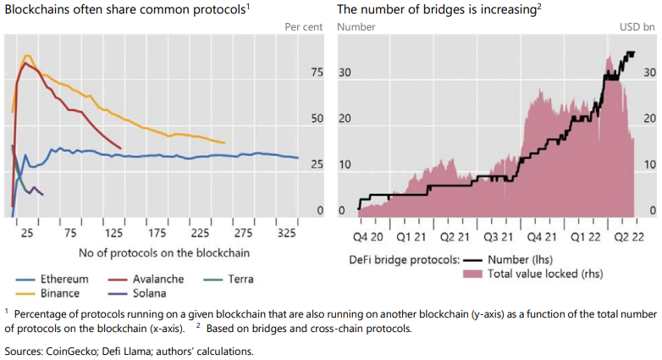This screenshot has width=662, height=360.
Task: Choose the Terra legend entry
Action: click(237, 279)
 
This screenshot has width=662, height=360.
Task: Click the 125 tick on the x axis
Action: click(113, 232)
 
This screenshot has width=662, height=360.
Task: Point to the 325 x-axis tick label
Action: click(286, 232)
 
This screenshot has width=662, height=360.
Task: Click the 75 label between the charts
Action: click(317, 73)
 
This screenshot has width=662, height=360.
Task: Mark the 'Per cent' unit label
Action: click(303, 27)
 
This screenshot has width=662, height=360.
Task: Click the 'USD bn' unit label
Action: click(637, 27)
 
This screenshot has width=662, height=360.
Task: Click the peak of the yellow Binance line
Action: click(27, 56)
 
